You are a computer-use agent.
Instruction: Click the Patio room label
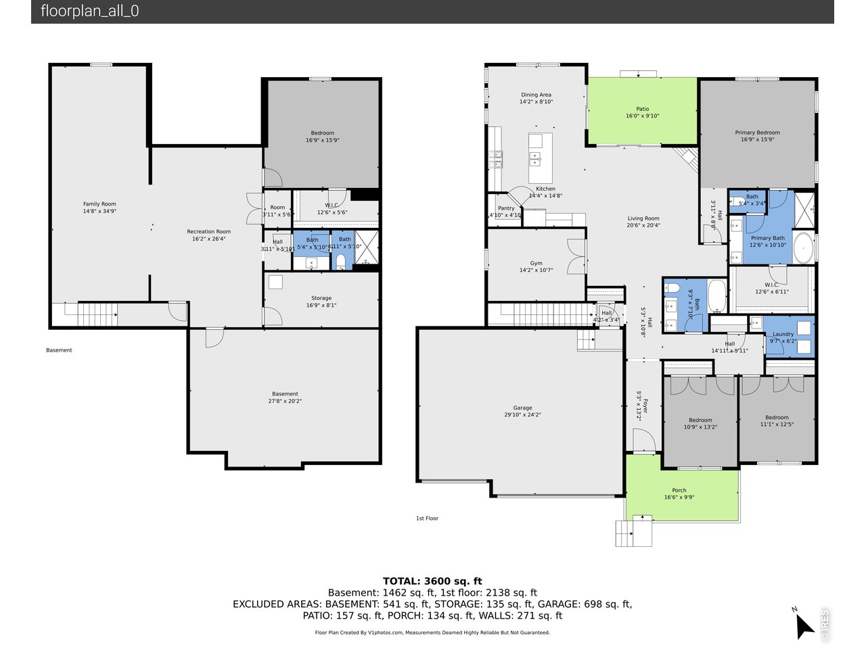pos(642,109)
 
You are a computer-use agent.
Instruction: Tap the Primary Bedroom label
pos(757,133)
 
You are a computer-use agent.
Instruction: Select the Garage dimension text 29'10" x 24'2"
pos(522,415)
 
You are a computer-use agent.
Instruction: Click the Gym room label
pos(536,263)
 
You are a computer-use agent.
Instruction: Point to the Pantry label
pos(506,208)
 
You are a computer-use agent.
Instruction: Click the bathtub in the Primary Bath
pos(803,249)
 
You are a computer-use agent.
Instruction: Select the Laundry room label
pos(783,334)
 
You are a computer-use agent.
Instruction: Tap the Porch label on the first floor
pos(679,490)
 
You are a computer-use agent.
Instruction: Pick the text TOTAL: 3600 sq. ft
pos(432,581)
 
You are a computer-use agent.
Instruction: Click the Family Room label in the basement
pos(99,203)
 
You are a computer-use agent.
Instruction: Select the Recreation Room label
pos(208,231)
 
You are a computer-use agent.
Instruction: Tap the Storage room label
pos(321,297)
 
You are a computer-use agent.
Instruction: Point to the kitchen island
pos(540,158)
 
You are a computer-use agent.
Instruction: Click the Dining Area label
pos(536,95)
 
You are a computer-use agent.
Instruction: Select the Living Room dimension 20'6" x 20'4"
pos(643,226)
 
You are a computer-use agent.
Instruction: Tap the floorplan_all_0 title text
pos(89,11)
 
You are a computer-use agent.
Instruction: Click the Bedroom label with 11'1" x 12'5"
pos(777,417)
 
